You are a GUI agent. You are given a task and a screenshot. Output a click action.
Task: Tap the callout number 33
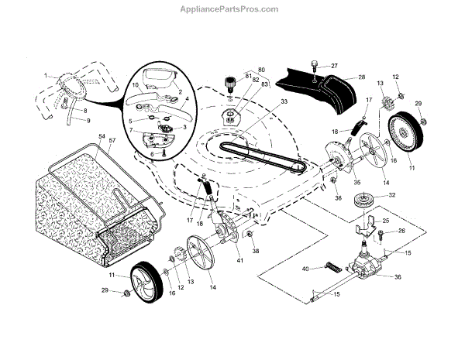click(262, 101)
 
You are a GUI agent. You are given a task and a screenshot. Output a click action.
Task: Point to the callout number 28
click(361, 77)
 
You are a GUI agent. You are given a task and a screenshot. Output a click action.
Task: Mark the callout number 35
click(336, 183)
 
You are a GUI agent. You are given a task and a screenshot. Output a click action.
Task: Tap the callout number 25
click(385, 221)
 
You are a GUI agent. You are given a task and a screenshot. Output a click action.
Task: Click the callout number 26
click(402, 231)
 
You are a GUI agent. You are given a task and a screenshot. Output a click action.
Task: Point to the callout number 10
click(134, 84)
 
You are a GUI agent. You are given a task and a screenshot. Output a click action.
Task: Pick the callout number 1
click(46, 75)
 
